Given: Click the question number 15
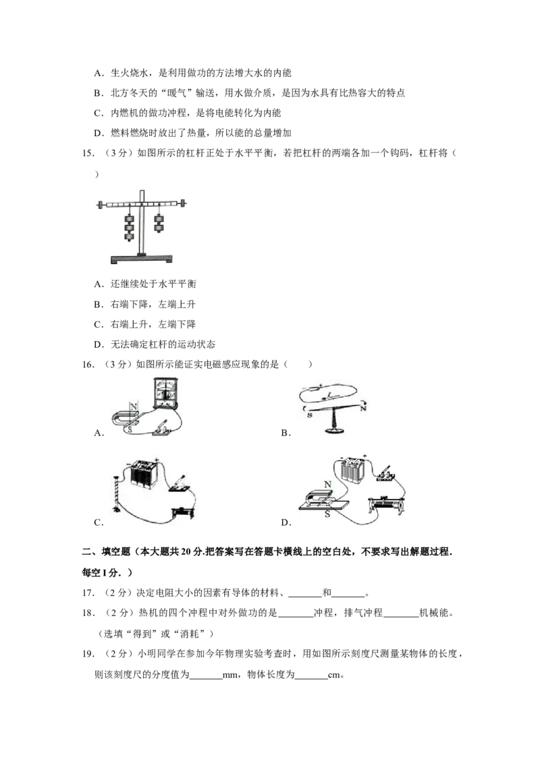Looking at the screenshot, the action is (88, 153).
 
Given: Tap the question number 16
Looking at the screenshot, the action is (88, 365).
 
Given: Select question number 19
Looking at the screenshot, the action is (88, 654).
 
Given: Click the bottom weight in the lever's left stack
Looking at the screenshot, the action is (129, 237).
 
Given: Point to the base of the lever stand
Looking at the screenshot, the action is (141, 259).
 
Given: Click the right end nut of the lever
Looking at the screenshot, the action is (183, 204).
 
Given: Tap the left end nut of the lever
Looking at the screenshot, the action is (100, 204).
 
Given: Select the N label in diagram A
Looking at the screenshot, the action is (134, 405).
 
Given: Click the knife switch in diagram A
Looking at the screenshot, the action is (161, 429).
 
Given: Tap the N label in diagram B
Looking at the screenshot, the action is (362, 408).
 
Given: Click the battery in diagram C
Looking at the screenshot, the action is (144, 474).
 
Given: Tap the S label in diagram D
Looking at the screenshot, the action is (327, 514).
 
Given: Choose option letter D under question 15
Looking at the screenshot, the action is (99, 344).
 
